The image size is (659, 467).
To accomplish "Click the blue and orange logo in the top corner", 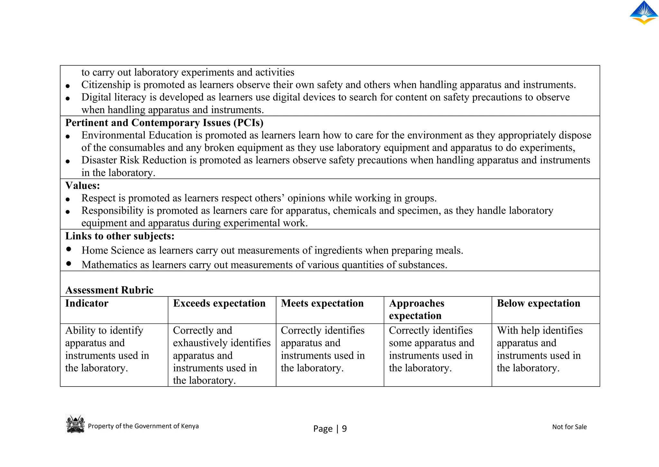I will (644, 13).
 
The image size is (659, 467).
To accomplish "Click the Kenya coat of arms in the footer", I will (75, 424).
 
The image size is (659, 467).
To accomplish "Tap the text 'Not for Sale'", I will (569, 427).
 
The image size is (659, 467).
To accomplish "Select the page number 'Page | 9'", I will (330, 429).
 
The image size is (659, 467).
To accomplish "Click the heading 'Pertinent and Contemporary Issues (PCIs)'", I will (164, 123).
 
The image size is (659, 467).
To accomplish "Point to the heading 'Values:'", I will (82, 185).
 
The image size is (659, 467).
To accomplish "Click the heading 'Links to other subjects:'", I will (120, 236).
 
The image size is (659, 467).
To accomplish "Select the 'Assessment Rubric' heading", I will (109, 290).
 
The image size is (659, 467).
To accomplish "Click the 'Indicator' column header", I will (87, 303).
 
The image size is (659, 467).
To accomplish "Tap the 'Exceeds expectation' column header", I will (219, 303).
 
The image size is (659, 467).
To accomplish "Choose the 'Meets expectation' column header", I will (322, 303).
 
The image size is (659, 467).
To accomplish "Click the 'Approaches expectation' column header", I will (416, 309).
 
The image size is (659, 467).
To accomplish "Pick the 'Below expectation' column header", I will (538, 303).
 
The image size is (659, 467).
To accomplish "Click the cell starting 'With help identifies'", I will (540, 349).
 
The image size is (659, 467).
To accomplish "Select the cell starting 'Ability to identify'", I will (107, 349).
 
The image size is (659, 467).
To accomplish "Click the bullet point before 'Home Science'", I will (69, 249).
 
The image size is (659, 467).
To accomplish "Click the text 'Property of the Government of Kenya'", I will (143, 426).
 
